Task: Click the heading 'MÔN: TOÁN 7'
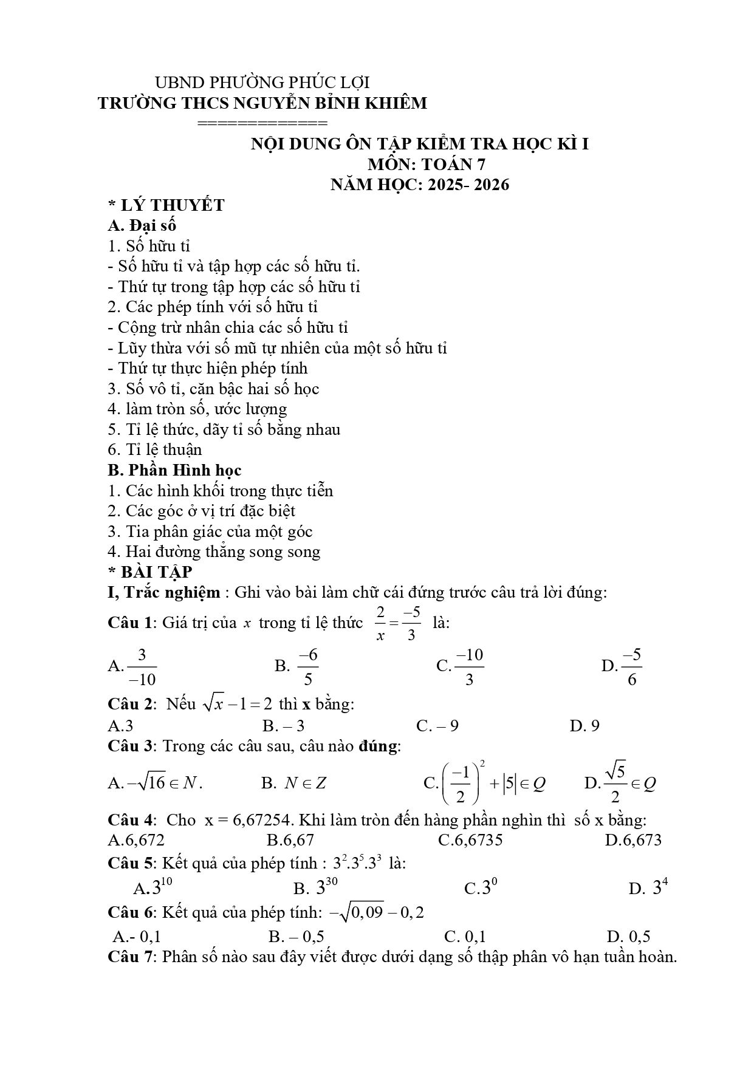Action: click(427, 165)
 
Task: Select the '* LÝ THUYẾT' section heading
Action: click(166, 205)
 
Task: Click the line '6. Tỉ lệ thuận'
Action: click(155, 450)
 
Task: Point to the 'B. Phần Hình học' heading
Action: click(174, 470)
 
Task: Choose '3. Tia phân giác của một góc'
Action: click(210, 531)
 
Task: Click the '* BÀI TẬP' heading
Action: click(149, 572)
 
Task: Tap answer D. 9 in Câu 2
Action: click(584, 726)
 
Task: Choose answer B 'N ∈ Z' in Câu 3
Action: click(294, 783)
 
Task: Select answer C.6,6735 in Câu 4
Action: click(470, 841)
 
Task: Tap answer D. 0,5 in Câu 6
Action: click(628, 937)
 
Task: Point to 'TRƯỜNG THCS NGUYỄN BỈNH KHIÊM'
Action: click(262, 103)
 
